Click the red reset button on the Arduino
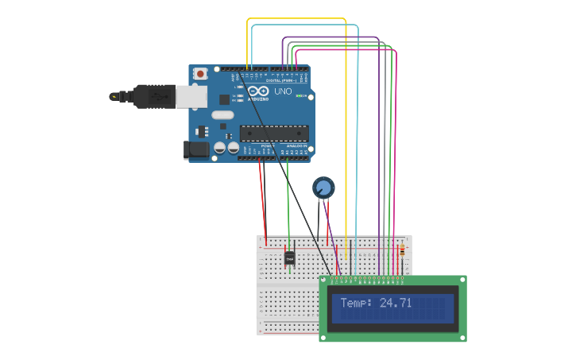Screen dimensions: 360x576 (200, 74)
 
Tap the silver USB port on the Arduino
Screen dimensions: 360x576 (191, 96)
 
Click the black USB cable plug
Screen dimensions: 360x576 (154, 96)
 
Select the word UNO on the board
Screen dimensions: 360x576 (283, 91)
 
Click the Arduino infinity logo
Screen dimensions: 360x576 (258, 91)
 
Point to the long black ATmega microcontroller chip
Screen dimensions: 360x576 (274, 133)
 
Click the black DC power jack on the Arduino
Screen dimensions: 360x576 (195, 149)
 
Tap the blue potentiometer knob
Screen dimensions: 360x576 (323, 188)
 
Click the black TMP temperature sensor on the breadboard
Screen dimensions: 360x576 (289, 258)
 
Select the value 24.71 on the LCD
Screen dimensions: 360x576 (396, 303)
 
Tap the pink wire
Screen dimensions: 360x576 (396, 143)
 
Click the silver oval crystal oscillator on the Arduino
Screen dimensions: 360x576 (222, 115)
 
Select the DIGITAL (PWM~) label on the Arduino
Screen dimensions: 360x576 (280, 80)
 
